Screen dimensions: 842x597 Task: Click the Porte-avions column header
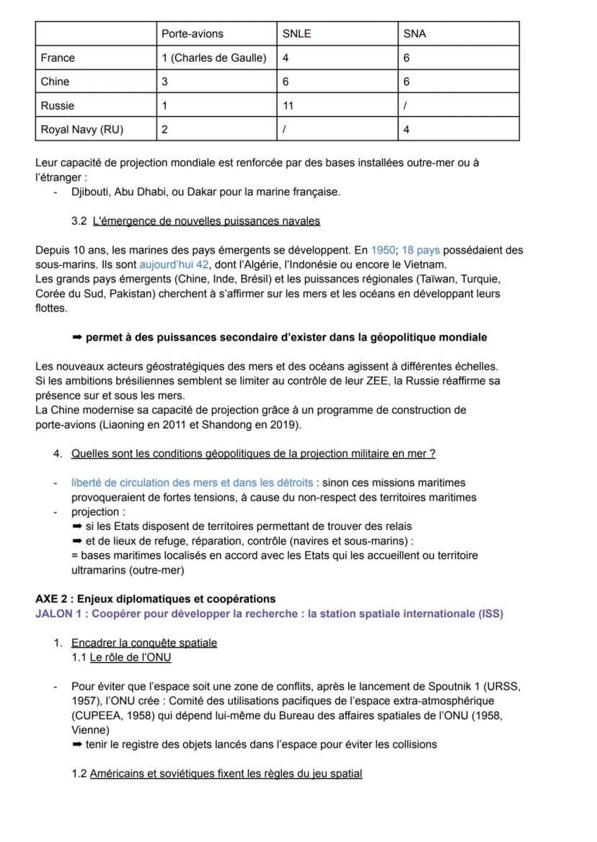click(x=192, y=34)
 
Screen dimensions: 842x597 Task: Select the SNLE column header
click(x=296, y=34)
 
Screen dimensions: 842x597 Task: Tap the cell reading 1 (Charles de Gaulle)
click(x=214, y=58)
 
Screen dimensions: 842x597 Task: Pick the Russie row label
click(x=57, y=105)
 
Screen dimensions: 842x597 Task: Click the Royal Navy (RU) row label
click(x=81, y=130)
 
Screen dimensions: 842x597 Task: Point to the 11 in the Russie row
click(x=288, y=105)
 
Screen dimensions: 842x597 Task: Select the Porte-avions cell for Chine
click(x=165, y=81)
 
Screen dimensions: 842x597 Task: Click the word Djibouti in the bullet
click(x=92, y=192)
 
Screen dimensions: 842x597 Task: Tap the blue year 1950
click(x=383, y=250)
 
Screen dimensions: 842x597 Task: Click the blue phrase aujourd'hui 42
click(x=169, y=264)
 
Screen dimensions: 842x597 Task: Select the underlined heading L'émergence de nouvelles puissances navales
click(x=206, y=220)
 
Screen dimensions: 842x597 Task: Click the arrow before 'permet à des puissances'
click(x=77, y=337)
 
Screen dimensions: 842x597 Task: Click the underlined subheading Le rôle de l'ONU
click(x=130, y=657)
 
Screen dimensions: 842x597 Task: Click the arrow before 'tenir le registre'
click(x=77, y=744)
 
